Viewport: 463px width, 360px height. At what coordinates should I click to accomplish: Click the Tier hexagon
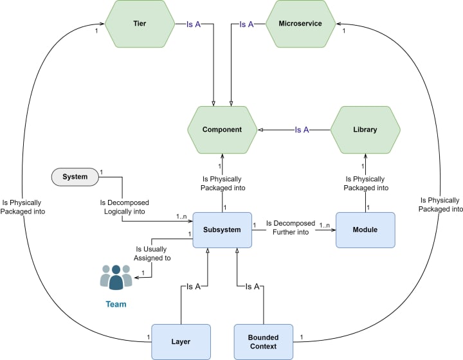140,24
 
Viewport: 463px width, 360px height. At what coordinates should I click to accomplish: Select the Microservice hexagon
300,24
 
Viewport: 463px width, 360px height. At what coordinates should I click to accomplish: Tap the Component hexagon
222,130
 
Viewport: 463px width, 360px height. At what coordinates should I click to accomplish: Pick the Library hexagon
365,130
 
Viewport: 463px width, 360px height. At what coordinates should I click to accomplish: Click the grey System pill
75,177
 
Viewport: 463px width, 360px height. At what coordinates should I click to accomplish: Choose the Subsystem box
222,230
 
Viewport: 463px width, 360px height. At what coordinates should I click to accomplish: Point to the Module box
365,230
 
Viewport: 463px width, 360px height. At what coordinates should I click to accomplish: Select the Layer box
181,342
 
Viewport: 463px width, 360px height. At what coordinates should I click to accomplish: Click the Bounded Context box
264,342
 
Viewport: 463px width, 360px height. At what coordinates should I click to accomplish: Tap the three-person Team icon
116,277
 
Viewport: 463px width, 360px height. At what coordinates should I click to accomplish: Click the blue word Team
116,304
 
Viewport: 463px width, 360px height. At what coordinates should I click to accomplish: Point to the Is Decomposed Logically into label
124,207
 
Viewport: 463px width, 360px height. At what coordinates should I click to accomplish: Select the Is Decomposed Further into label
291,228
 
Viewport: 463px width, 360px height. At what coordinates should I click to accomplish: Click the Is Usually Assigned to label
152,253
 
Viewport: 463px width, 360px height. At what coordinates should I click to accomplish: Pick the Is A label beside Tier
194,24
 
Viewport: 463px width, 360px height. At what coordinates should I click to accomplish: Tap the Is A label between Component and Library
302,130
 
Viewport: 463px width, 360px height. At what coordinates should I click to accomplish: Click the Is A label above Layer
194,287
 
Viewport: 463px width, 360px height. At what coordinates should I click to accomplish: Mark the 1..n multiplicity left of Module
325,226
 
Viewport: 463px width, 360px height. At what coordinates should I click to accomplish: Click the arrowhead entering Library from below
365,156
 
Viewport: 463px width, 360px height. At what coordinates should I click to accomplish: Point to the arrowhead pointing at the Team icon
137,277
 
